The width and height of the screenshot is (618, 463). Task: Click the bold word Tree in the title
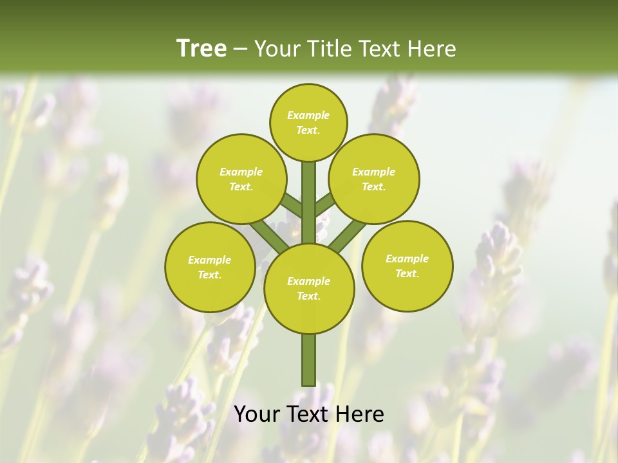click(201, 49)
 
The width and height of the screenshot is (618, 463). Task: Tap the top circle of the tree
click(308, 122)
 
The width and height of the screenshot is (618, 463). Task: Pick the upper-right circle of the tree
click(374, 179)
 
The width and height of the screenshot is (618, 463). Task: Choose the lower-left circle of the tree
click(210, 267)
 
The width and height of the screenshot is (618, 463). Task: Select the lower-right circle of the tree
click(407, 266)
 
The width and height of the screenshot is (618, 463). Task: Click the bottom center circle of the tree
click(309, 288)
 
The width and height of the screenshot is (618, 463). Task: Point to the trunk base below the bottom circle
click(309, 360)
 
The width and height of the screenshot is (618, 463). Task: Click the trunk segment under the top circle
click(309, 199)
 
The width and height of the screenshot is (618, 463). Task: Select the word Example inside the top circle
click(308, 116)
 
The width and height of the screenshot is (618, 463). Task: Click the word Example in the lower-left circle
click(210, 260)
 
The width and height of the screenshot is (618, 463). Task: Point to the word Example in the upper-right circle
click(374, 172)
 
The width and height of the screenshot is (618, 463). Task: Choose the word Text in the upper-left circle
click(240, 187)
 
